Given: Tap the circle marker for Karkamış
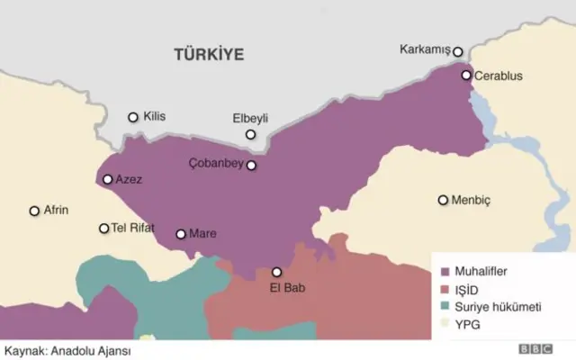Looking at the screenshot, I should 458,52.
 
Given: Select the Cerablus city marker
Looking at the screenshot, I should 466,76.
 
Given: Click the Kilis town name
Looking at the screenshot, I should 155,117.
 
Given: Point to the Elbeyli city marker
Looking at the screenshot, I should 249,135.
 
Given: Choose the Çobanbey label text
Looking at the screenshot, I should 215,165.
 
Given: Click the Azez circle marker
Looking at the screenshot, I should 108,180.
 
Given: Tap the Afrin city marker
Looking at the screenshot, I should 35,211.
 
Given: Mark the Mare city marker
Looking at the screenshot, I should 181,234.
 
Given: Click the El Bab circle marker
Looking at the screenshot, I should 276,272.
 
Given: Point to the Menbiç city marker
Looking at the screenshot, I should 443,200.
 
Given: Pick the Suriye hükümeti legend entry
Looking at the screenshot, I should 500,307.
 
